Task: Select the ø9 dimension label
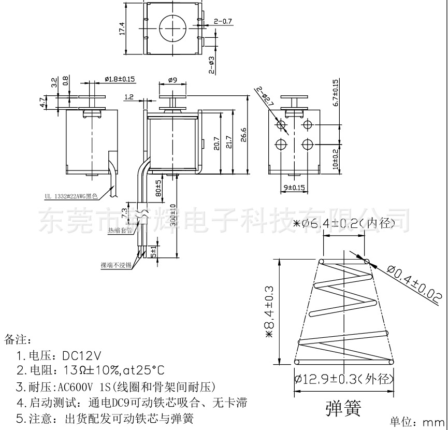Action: point(173,80)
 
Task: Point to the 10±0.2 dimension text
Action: point(335,159)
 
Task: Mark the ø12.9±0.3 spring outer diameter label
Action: point(344,379)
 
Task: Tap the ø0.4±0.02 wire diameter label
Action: point(414,284)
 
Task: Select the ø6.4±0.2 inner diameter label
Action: point(344,223)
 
